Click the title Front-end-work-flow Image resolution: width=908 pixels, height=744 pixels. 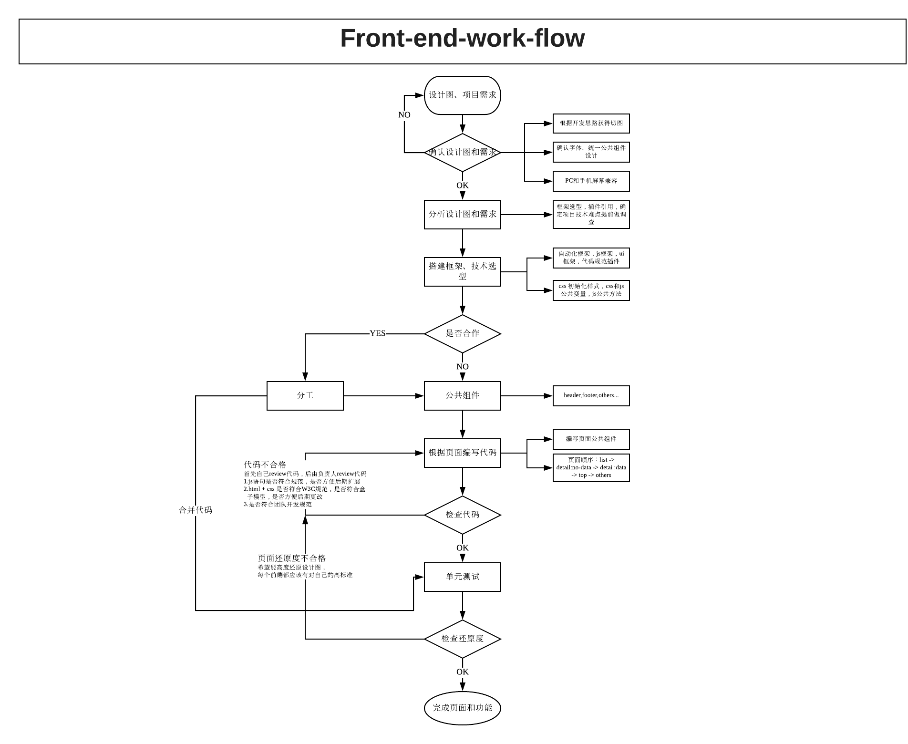coord(462,38)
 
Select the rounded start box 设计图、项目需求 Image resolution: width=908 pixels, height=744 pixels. coord(462,95)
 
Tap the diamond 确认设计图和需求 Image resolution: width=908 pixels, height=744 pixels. coord(462,153)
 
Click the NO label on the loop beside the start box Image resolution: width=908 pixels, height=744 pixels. coord(404,115)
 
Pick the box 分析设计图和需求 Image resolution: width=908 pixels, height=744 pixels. coord(462,215)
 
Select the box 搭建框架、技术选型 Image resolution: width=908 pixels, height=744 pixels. coord(462,272)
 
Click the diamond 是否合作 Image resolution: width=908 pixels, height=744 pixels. coord(462,333)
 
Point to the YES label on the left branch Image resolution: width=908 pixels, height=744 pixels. coord(377,333)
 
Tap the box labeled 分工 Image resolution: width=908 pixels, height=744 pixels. coord(305,395)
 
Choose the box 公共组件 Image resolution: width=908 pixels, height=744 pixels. coord(462,395)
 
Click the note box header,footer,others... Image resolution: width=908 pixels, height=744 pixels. coord(591,395)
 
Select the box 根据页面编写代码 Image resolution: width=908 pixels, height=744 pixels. coord(462,453)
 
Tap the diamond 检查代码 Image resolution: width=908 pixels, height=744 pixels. coord(462,515)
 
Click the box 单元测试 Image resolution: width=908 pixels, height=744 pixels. coord(462,577)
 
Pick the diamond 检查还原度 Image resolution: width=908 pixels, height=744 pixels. coord(462,639)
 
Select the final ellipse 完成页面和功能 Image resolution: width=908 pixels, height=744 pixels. coord(462,708)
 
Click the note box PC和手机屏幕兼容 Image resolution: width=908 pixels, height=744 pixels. coord(591,181)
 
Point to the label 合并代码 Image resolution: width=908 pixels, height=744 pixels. coord(195,510)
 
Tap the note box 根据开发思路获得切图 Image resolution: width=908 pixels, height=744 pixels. coord(591,123)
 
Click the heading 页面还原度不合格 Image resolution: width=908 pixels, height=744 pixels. coord(291,558)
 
